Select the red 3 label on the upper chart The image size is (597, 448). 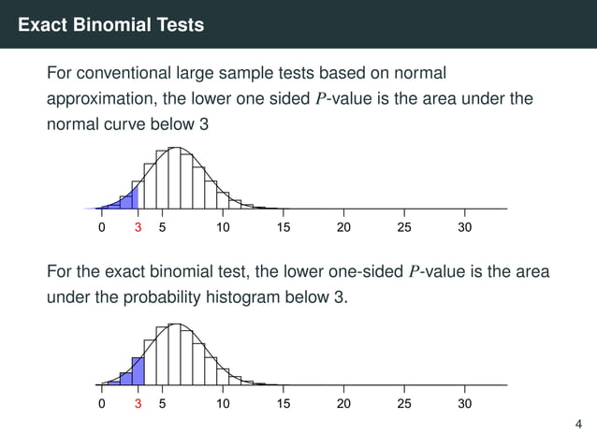[138, 227]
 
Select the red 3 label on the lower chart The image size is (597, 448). [138, 404]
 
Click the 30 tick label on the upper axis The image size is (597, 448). [465, 227]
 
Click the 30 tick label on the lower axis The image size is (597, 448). [465, 404]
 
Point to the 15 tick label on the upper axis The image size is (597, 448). [284, 227]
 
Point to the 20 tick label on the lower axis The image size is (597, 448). [343, 404]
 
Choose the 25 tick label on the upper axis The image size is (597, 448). [404, 227]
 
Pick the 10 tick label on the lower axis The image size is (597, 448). [223, 404]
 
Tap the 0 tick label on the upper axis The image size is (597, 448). [101, 227]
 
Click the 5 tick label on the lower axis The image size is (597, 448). [162, 404]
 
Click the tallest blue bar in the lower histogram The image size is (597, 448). [138, 370]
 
